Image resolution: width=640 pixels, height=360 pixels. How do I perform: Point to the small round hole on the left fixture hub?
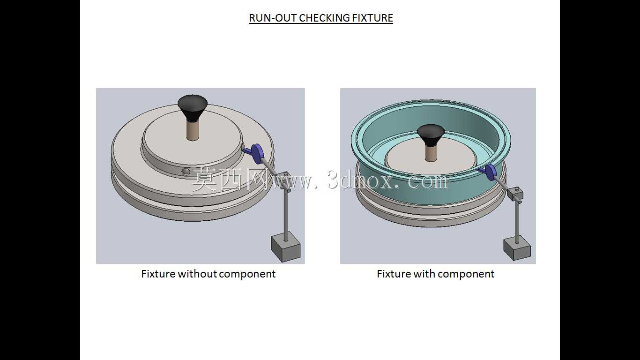(186, 172)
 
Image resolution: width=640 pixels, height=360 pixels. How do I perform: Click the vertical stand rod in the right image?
(517, 222)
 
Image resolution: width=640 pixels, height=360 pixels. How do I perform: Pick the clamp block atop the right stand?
(515, 194)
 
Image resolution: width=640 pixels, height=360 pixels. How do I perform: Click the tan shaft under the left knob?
(193, 130)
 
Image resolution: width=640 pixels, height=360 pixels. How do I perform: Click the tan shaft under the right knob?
(431, 153)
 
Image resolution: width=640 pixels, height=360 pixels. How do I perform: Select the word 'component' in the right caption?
(466, 275)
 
